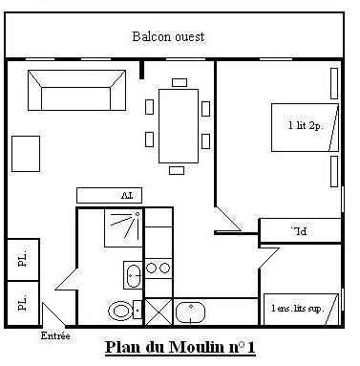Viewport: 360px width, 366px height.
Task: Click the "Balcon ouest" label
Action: point(168,36)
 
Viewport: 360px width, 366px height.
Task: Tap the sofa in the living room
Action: point(76,91)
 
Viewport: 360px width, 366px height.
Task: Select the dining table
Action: point(179,126)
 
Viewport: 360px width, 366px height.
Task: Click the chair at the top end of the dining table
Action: point(180,82)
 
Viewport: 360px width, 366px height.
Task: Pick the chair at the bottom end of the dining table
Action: point(177,170)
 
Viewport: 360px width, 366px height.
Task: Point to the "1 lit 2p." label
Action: point(306,125)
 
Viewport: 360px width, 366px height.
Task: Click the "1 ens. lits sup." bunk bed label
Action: point(298,309)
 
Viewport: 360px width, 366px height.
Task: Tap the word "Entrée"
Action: point(55,335)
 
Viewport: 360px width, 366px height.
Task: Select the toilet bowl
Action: point(120,311)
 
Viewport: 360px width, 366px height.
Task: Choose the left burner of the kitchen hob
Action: point(152,268)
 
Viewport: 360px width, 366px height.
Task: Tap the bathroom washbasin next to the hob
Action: point(133,275)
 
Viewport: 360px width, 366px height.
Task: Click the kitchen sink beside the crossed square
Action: point(190,312)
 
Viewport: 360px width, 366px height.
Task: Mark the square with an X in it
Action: point(159,312)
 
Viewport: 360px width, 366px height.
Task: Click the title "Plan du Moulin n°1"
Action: point(180,348)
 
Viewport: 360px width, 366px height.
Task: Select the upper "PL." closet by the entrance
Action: point(23,260)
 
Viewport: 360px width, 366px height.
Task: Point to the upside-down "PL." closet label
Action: point(299,231)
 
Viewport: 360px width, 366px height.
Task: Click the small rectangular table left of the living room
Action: point(26,154)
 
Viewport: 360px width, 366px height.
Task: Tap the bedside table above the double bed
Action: point(334,83)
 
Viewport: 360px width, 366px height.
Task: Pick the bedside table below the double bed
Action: point(334,171)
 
